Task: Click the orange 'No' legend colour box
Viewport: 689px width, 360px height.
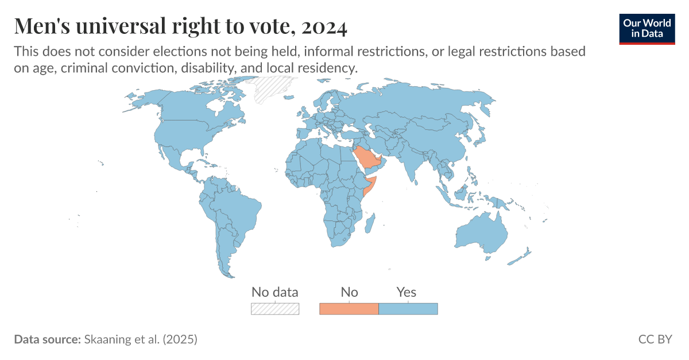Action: click(349, 309)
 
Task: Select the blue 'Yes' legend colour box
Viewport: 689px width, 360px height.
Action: click(408, 309)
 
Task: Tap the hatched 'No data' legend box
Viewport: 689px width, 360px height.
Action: click(275, 309)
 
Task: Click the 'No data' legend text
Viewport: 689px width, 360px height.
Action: click(275, 292)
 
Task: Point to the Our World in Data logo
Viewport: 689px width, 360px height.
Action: click(647, 28)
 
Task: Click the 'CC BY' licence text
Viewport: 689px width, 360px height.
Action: click(655, 339)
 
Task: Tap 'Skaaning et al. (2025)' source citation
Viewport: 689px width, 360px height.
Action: click(141, 339)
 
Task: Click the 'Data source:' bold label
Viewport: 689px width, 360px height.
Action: click(47, 339)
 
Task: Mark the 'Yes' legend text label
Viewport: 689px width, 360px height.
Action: click(407, 292)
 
